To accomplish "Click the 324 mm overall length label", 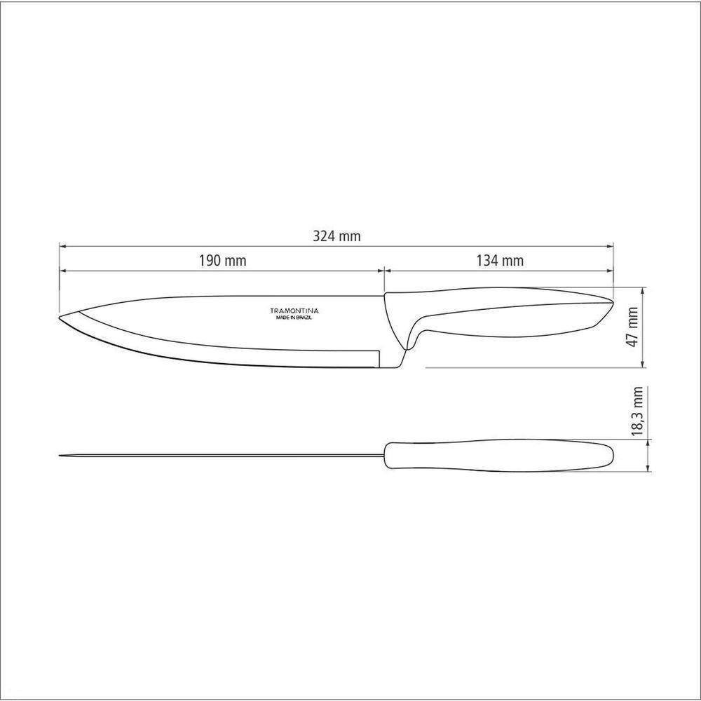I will click(x=336, y=236).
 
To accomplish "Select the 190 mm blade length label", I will click(x=222, y=261).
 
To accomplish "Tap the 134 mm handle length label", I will click(x=500, y=261).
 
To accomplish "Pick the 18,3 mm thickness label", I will click(x=637, y=411).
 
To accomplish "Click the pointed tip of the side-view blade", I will click(x=60, y=318).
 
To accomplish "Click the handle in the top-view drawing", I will click(x=498, y=456).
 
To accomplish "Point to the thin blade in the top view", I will click(x=224, y=456).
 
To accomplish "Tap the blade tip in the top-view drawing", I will click(x=60, y=456).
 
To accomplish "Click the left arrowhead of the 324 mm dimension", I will click(x=62, y=246).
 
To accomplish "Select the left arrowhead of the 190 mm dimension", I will click(x=62, y=271).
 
